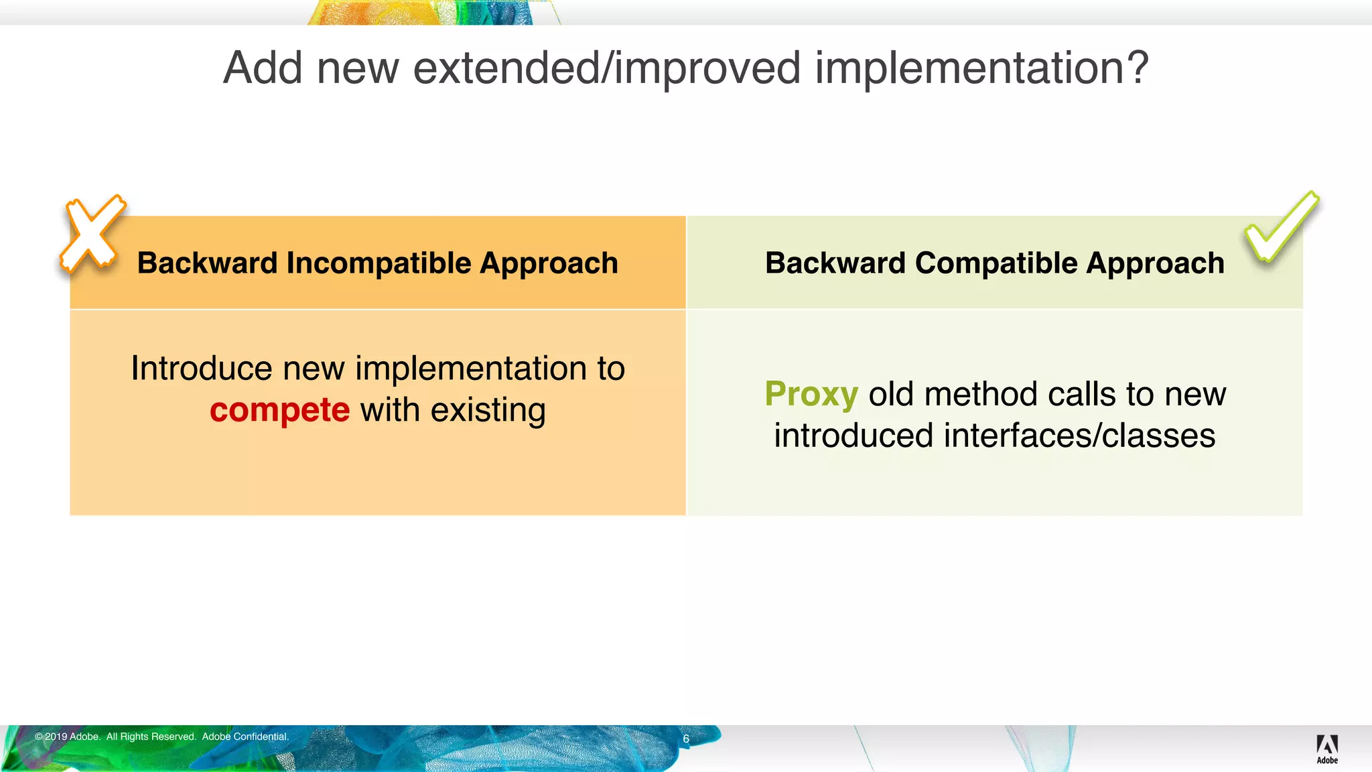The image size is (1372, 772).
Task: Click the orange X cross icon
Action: coord(92,234)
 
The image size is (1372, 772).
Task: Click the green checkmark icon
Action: coord(1280,228)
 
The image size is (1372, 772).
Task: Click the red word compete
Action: coord(279,410)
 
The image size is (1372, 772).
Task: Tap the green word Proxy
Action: coord(811,394)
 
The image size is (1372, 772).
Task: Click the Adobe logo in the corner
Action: coord(1326,748)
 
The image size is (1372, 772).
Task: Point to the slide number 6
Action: coord(686,738)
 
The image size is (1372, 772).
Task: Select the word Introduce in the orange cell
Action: coord(201,369)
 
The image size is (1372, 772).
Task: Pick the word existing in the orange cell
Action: coord(488,410)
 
